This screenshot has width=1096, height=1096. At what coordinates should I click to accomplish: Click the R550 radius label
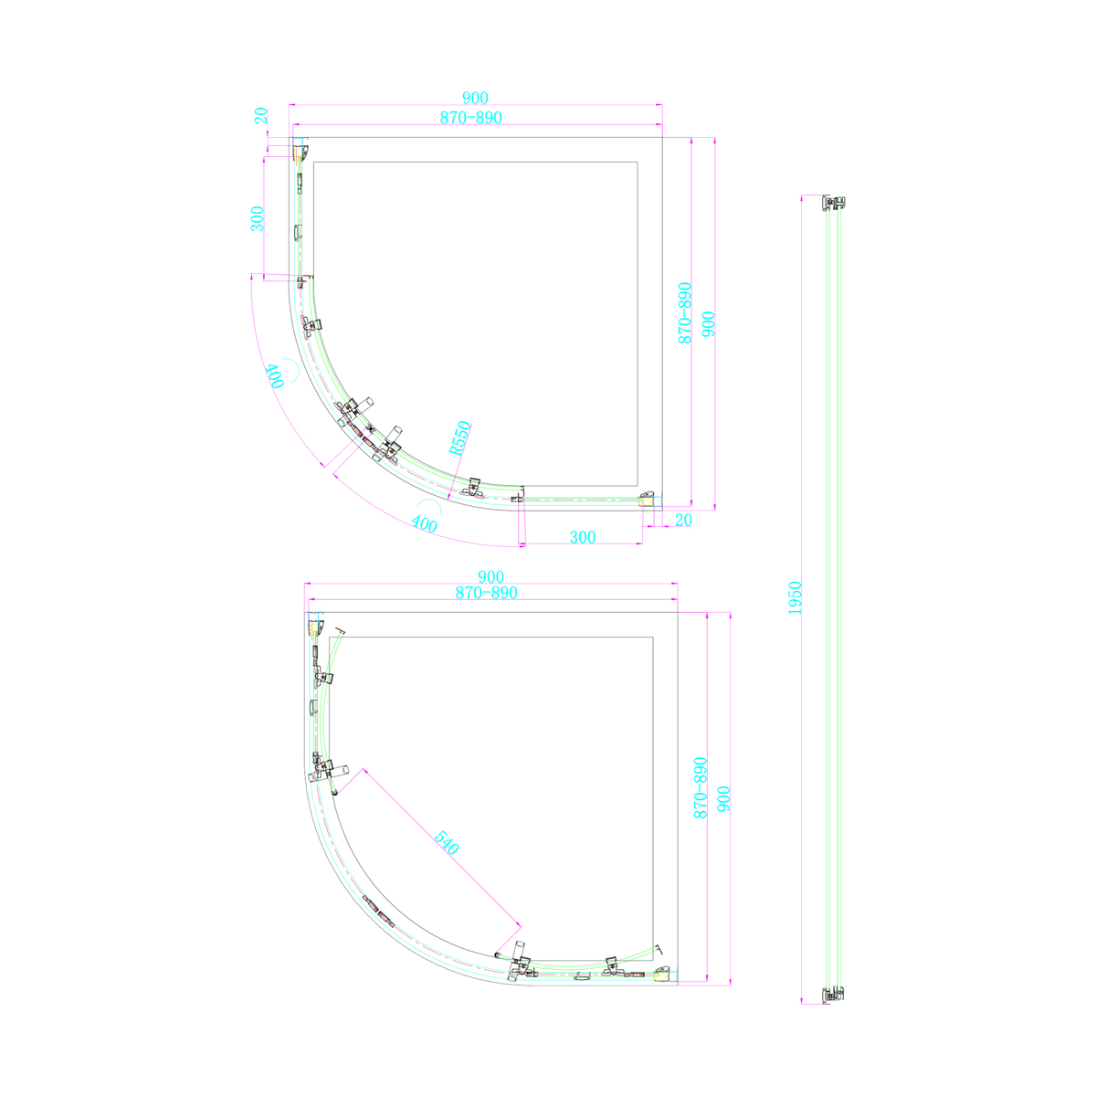coord(459,437)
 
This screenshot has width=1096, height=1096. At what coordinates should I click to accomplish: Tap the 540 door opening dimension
coord(446,843)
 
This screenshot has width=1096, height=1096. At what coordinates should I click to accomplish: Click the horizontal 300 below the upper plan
coord(582,537)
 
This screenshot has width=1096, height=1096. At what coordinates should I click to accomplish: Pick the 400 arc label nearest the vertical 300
coord(274,376)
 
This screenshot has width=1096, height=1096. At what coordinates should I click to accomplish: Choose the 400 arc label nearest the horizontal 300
coord(423,523)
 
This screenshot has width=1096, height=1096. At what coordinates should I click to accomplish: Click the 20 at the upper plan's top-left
coord(261,116)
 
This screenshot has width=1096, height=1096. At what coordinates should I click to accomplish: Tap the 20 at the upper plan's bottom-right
coord(683,519)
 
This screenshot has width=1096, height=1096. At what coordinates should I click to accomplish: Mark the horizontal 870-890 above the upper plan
coord(471,118)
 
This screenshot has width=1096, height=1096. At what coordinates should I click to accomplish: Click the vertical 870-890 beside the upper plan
coord(684,312)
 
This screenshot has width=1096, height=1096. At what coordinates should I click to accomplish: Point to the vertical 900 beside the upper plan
coord(708,324)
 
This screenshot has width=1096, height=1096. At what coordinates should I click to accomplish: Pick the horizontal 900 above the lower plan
coord(490,576)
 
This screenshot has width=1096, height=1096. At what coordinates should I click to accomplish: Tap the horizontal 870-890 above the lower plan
coord(487,593)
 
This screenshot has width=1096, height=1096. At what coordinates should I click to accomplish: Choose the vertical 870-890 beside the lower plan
coord(700,787)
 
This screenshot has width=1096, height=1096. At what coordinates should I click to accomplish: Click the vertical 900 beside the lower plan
coord(723,800)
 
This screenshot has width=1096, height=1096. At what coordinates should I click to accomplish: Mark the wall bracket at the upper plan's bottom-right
coord(648,498)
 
